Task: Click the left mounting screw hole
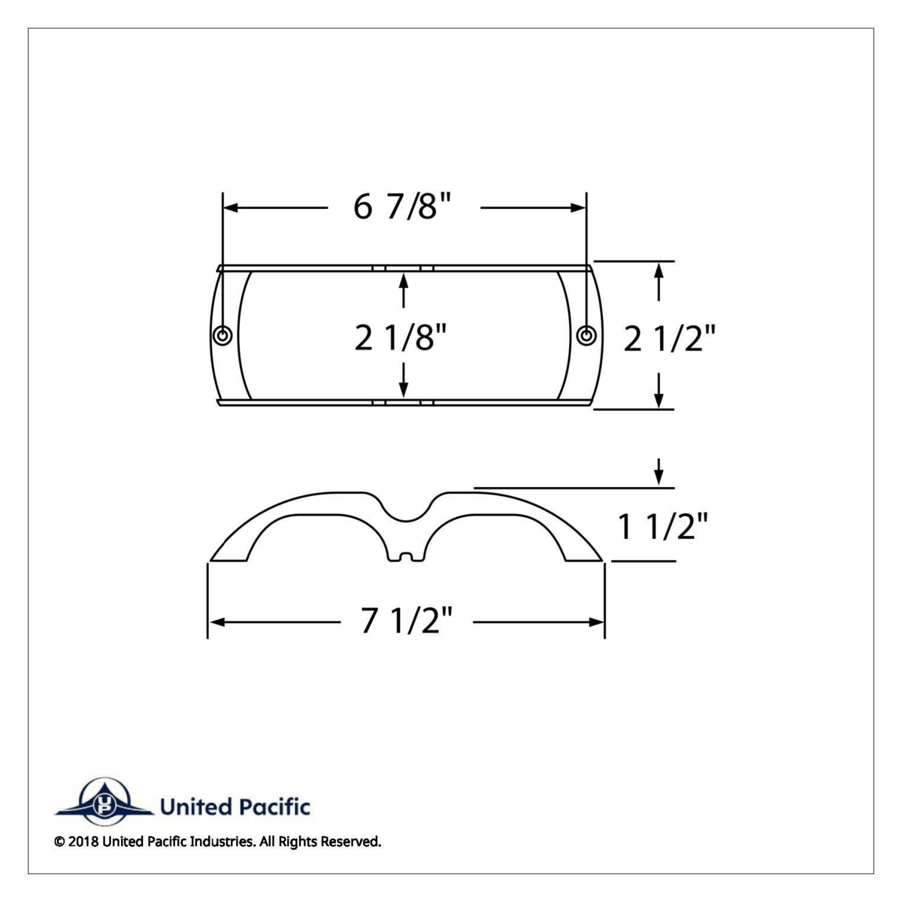(222, 334)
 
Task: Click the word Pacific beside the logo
(274, 808)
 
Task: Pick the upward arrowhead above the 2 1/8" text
(404, 280)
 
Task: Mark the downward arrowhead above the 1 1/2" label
(659, 477)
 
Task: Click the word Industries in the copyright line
(225, 842)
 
